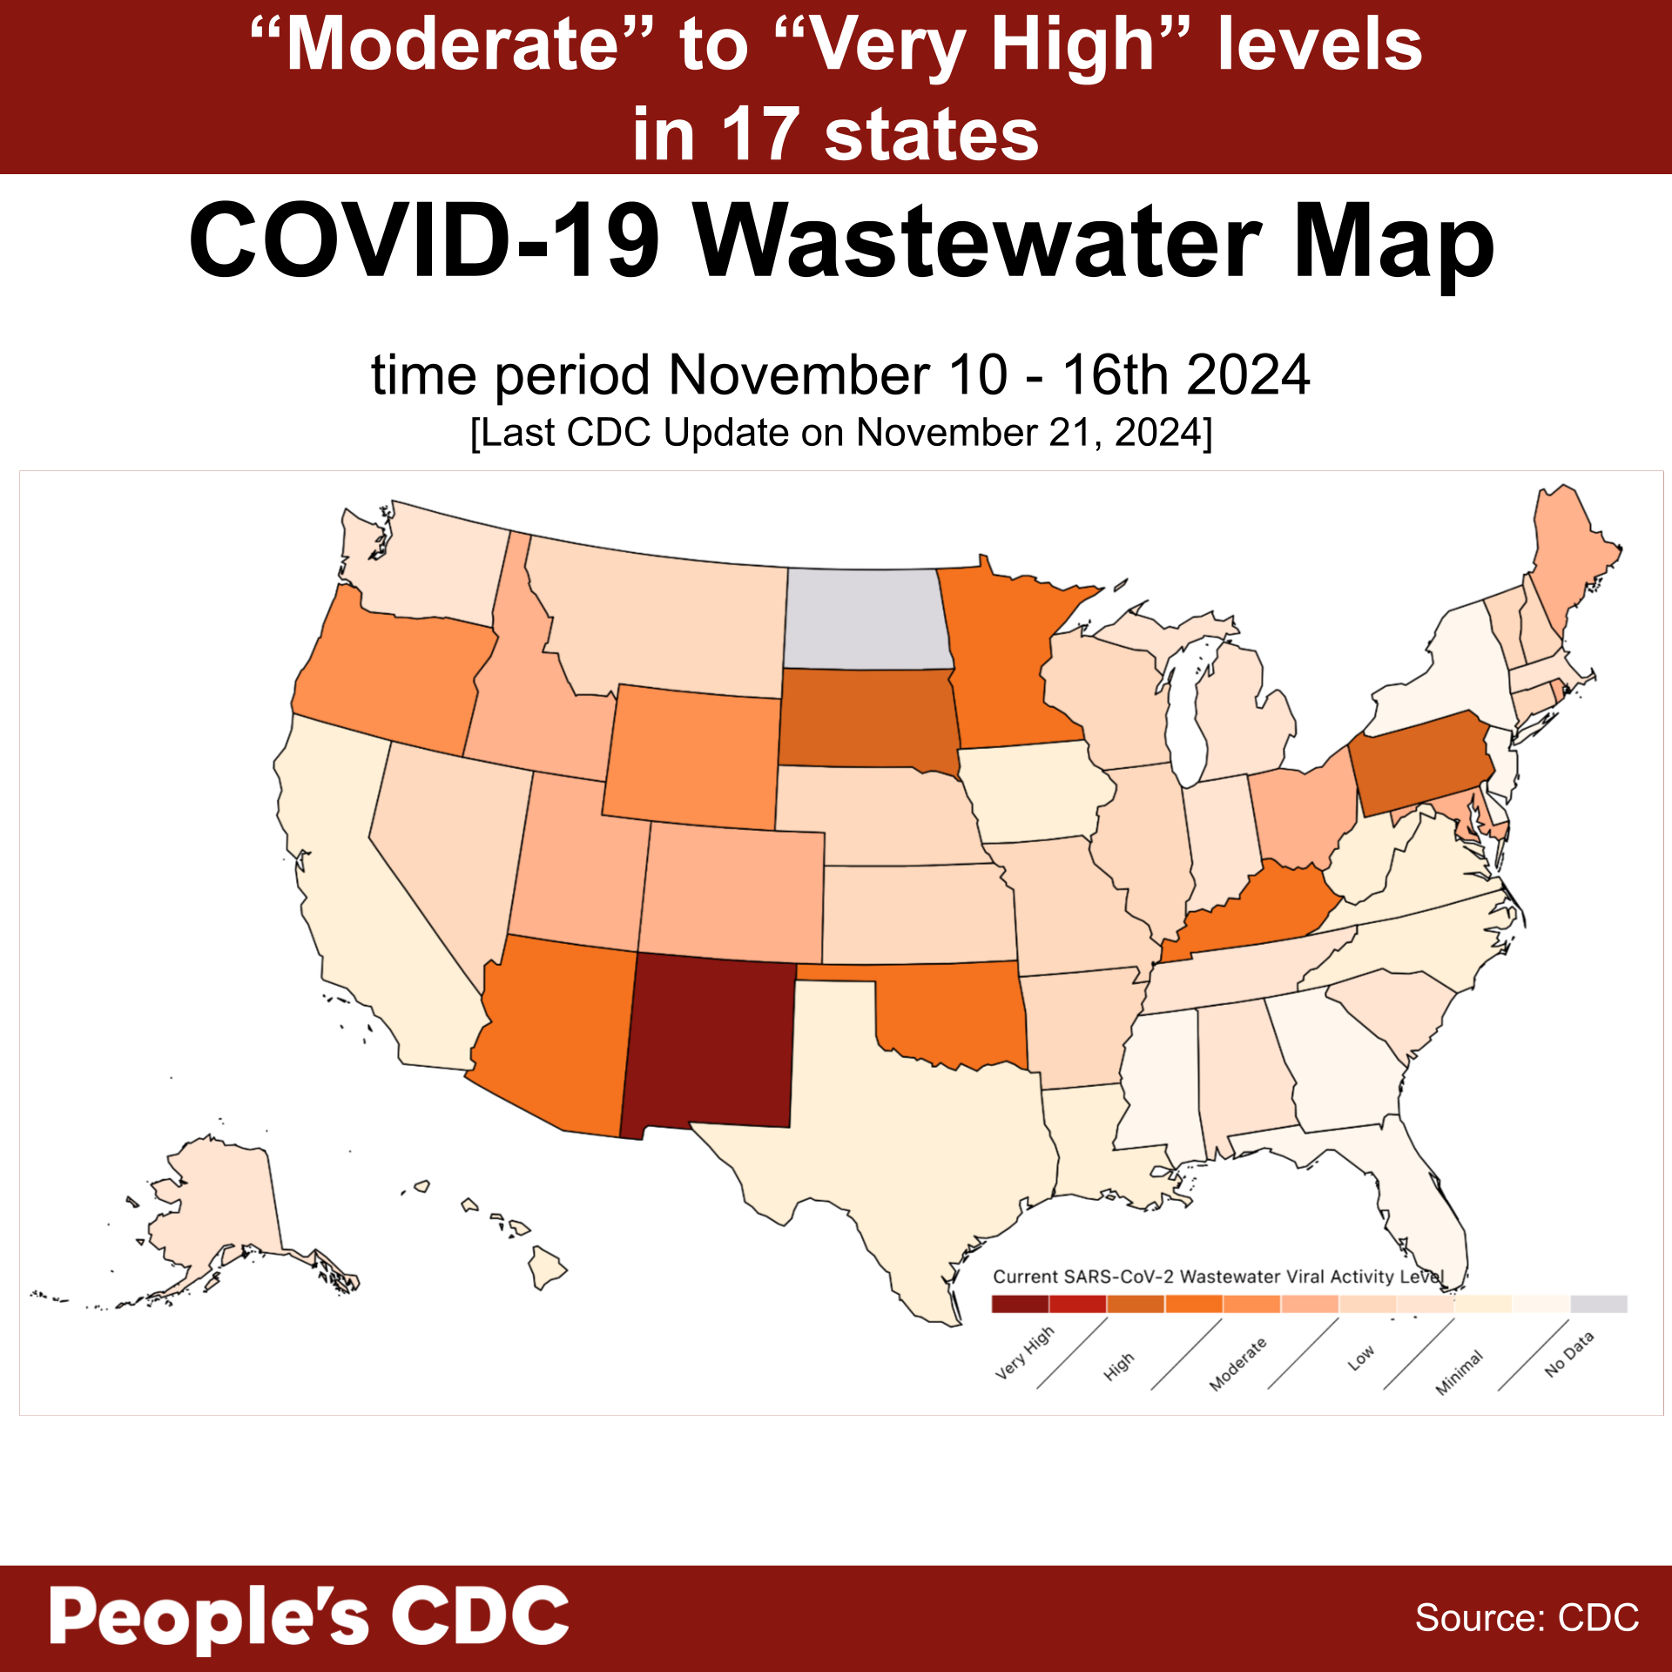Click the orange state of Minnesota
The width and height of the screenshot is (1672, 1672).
tap(1001, 662)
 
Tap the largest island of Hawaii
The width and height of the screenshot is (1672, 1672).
tap(547, 1266)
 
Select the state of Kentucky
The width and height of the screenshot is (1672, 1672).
tap(1254, 914)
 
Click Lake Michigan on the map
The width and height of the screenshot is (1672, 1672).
tap(1184, 714)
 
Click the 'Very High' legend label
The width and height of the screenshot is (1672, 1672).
tap(1025, 1355)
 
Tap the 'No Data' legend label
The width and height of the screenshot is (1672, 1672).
tap(1569, 1354)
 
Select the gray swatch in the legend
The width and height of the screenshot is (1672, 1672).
tap(1599, 1304)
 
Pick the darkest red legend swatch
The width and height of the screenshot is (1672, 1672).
tap(1020, 1304)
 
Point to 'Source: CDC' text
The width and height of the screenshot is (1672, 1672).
tap(1527, 1618)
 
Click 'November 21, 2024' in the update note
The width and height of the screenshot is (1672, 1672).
tap(1032, 433)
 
